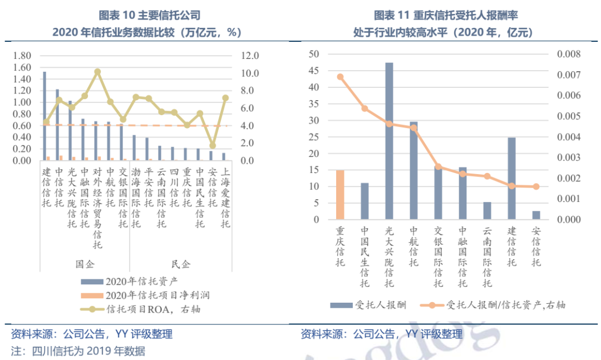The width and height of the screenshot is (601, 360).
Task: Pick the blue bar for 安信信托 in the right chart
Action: coord(536,215)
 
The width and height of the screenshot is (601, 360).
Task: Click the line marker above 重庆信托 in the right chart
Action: coord(340,77)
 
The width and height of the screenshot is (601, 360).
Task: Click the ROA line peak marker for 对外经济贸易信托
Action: coord(97,72)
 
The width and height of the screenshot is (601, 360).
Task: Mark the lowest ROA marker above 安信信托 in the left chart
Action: coord(213,145)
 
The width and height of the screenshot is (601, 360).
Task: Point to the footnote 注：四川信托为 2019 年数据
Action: coord(78,351)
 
